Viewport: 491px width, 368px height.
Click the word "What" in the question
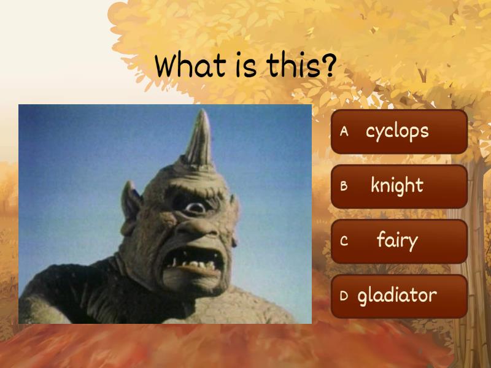pyautogui.click(x=187, y=66)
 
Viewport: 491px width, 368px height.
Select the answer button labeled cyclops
pyautogui.click(x=399, y=131)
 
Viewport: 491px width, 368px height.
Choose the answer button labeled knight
pyautogui.click(x=399, y=186)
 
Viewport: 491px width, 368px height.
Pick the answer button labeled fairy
pyautogui.click(x=399, y=241)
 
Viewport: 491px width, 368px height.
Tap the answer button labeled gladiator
pyautogui.click(x=399, y=296)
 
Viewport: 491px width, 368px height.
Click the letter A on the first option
pyautogui.click(x=344, y=131)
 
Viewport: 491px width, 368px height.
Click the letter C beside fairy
pyautogui.click(x=344, y=241)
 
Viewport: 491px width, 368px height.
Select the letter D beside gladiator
pyautogui.click(x=344, y=296)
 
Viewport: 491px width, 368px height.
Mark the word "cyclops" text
pyautogui.click(x=397, y=131)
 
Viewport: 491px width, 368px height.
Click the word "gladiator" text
pyautogui.click(x=397, y=296)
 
